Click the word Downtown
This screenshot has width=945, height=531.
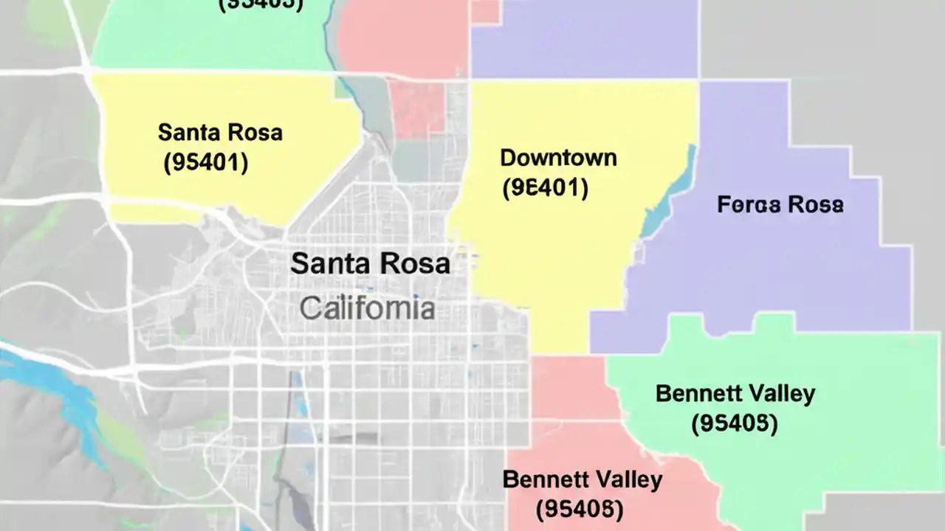tap(558, 158)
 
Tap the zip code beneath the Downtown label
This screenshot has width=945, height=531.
tap(545, 188)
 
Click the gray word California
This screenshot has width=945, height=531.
tap(367, 308)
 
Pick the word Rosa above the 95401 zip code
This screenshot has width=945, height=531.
tap(253, 133)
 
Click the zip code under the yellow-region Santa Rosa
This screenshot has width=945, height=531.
tap(205, 162)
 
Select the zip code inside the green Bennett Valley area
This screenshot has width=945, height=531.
tap(735, 423)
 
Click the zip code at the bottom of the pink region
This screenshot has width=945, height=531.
tap(580, 508)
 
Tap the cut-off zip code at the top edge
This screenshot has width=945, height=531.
tap(261, 4)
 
